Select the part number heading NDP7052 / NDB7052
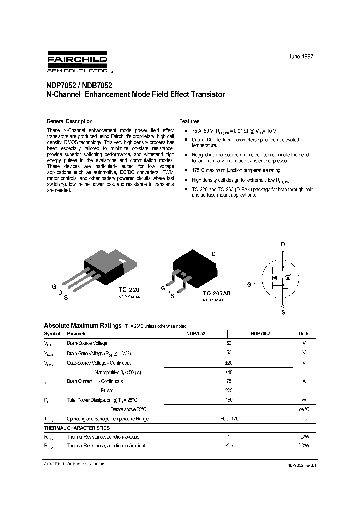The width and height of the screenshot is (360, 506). pos(77,85)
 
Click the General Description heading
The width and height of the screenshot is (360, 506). pos(69,121)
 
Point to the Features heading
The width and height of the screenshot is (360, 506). pos(189,121)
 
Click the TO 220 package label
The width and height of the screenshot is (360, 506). pos(129,290)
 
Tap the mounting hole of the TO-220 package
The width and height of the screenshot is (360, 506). pos(122,259)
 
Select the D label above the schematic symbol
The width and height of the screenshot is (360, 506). pos(283,244)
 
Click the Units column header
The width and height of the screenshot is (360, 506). pos(304,334)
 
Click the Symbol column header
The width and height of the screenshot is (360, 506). pos(52,334)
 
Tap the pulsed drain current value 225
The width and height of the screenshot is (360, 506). pos(229,390)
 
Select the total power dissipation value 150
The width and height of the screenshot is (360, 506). pos(229,400)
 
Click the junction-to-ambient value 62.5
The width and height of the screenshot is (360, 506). pos(229,446)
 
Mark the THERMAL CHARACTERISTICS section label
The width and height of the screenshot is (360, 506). pos(77,428)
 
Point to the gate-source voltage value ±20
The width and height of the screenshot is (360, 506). pos(229,363)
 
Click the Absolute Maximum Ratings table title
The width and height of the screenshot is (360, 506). pos(82,325)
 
